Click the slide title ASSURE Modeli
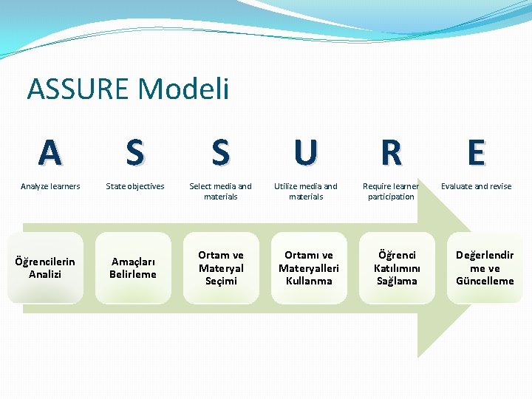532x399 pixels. [x=128, y=89]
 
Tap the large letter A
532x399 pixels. [x=50, y=153]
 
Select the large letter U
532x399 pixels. [x=305, y=153]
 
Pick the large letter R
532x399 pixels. [x=391, y=153]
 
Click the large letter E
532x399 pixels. [x=477, y=153]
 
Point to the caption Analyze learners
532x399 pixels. [x=50, y=186]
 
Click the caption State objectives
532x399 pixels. [x=135, y=186]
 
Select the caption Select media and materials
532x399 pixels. [x=220, y=191]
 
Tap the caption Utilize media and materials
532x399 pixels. [x=306, y=191]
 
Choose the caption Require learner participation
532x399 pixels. [x=391, y=191]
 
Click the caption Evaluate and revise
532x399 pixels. [x=477, y=186]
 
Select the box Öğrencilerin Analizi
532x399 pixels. [x=45, y=267]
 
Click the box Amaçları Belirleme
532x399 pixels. [x=133, y=267]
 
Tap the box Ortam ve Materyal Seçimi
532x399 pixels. [x=221, y=267]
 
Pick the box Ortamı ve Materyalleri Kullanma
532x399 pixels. [x=309, y=267]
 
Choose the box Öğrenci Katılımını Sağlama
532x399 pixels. [x=397, y=267]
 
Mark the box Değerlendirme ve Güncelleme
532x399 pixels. [x=485, y=267]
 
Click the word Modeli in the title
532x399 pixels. [x=184, y=89]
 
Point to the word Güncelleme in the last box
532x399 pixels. [x=485, y=281]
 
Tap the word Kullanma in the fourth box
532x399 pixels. [x=309, y=281]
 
